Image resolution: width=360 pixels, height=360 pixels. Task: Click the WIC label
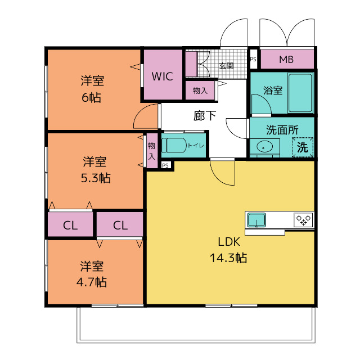[163, 76]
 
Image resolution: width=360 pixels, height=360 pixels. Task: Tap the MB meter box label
[286, 60]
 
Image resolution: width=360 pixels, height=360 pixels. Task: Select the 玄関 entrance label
[226, 66]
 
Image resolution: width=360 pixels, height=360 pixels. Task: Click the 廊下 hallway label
[205, 116]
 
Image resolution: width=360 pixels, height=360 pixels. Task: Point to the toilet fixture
[174, 145]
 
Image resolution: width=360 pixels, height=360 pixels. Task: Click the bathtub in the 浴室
[300, 92]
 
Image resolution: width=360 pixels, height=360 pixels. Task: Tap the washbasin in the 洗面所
[264, 146]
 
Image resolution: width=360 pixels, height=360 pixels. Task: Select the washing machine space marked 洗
[303, 147]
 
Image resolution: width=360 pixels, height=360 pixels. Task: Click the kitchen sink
[256, 220]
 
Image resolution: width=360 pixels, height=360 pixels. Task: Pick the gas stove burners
[304, 220]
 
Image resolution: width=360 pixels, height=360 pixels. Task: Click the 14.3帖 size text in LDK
[228, 258]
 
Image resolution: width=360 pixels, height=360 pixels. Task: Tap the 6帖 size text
[91, 97]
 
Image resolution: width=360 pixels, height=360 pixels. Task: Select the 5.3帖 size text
[96, 178]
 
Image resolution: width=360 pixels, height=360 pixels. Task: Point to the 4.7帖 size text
[92, 282]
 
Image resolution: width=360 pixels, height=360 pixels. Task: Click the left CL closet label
[70, 226]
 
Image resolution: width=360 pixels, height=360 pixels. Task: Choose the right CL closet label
[120, 226]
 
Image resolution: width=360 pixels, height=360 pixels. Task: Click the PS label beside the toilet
[165, 165]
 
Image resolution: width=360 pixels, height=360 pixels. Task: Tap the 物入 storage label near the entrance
[200, 91]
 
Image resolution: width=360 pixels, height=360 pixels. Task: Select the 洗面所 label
[282, 130]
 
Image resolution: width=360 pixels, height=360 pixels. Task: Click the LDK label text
[229, 242]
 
